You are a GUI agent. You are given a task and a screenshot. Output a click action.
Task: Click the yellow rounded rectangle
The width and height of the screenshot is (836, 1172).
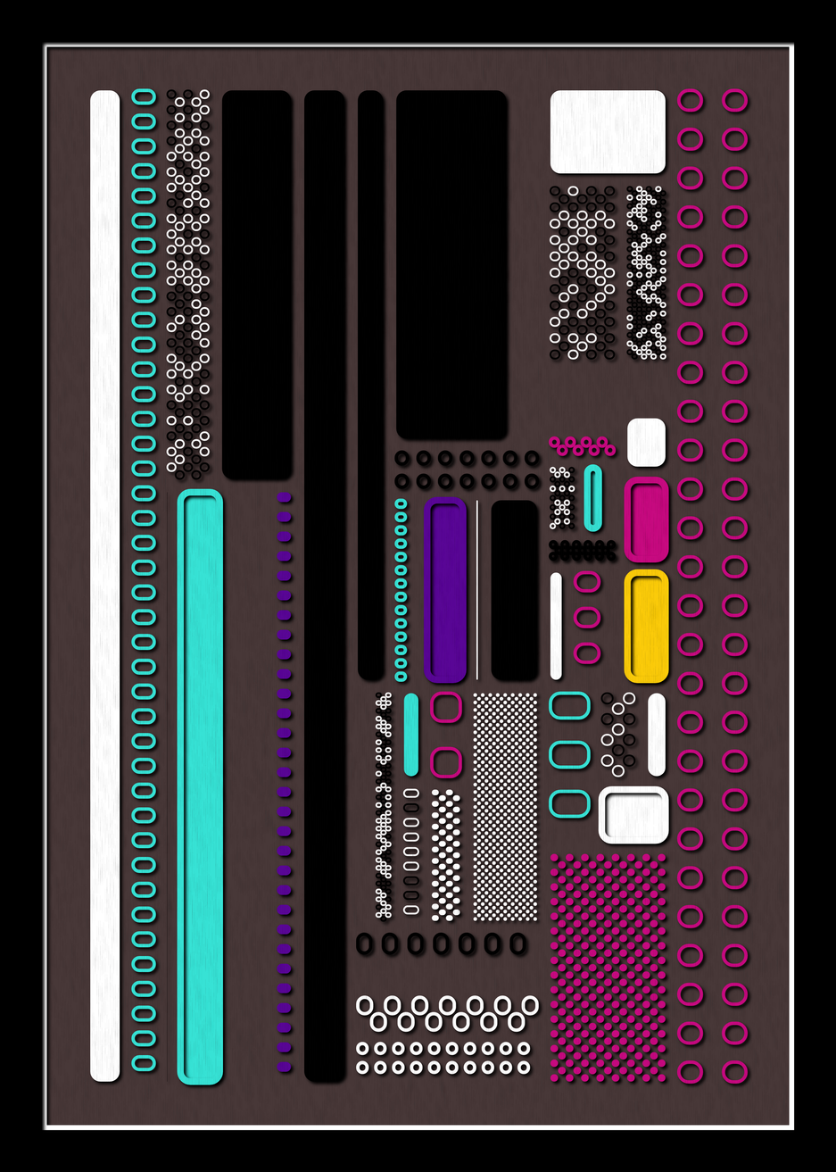(x=647, y=626)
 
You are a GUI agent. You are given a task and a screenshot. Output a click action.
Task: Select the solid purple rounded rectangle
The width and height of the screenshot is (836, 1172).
(x=445, y=590)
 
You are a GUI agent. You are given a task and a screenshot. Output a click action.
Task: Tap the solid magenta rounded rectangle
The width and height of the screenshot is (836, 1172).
(x=647, y=520)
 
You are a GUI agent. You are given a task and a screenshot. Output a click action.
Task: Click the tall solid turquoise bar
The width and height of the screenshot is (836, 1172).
(x=200, y=786)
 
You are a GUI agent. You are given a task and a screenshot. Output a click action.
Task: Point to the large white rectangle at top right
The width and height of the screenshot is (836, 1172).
(x=608, y=131)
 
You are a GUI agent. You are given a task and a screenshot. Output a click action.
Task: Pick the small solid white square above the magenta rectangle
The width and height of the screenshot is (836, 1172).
(x=646, y=442)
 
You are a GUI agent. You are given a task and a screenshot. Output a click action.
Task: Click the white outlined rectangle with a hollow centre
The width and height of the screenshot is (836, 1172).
(x=633, y=815)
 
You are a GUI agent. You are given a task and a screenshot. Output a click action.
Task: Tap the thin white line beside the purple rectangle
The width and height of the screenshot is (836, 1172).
(x=477, y=590)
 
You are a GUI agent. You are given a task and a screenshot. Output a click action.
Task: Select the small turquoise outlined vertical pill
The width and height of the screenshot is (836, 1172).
(x=592, y=497)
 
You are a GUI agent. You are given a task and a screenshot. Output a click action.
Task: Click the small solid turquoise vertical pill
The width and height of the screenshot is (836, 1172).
(x=411, y=734)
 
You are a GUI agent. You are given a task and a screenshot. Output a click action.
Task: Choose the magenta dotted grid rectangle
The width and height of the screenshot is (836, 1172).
(x=608, y=968)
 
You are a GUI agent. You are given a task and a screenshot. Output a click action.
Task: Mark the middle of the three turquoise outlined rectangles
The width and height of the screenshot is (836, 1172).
(x=569, y=754)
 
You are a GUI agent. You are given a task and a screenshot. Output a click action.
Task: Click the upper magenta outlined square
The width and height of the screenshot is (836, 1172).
(x=446, y=707)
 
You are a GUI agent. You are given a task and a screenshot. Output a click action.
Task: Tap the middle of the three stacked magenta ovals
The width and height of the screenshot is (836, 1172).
(x=587, y=617)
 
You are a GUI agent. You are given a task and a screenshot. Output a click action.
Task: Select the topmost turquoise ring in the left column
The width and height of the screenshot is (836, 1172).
(x=144, y=96)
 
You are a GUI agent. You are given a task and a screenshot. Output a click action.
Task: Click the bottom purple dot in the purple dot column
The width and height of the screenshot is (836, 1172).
(x=285, y=1067)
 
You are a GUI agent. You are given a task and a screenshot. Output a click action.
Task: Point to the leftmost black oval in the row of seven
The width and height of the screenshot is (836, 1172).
(x=364, y=943)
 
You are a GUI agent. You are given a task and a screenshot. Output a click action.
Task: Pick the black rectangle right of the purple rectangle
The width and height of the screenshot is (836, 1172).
(x=515, y=590)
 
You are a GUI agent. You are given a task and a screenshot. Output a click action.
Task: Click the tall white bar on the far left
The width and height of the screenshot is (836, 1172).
(x=105, y=586)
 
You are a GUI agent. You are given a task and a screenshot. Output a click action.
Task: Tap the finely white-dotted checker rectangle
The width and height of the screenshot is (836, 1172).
(x=505, y=807)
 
